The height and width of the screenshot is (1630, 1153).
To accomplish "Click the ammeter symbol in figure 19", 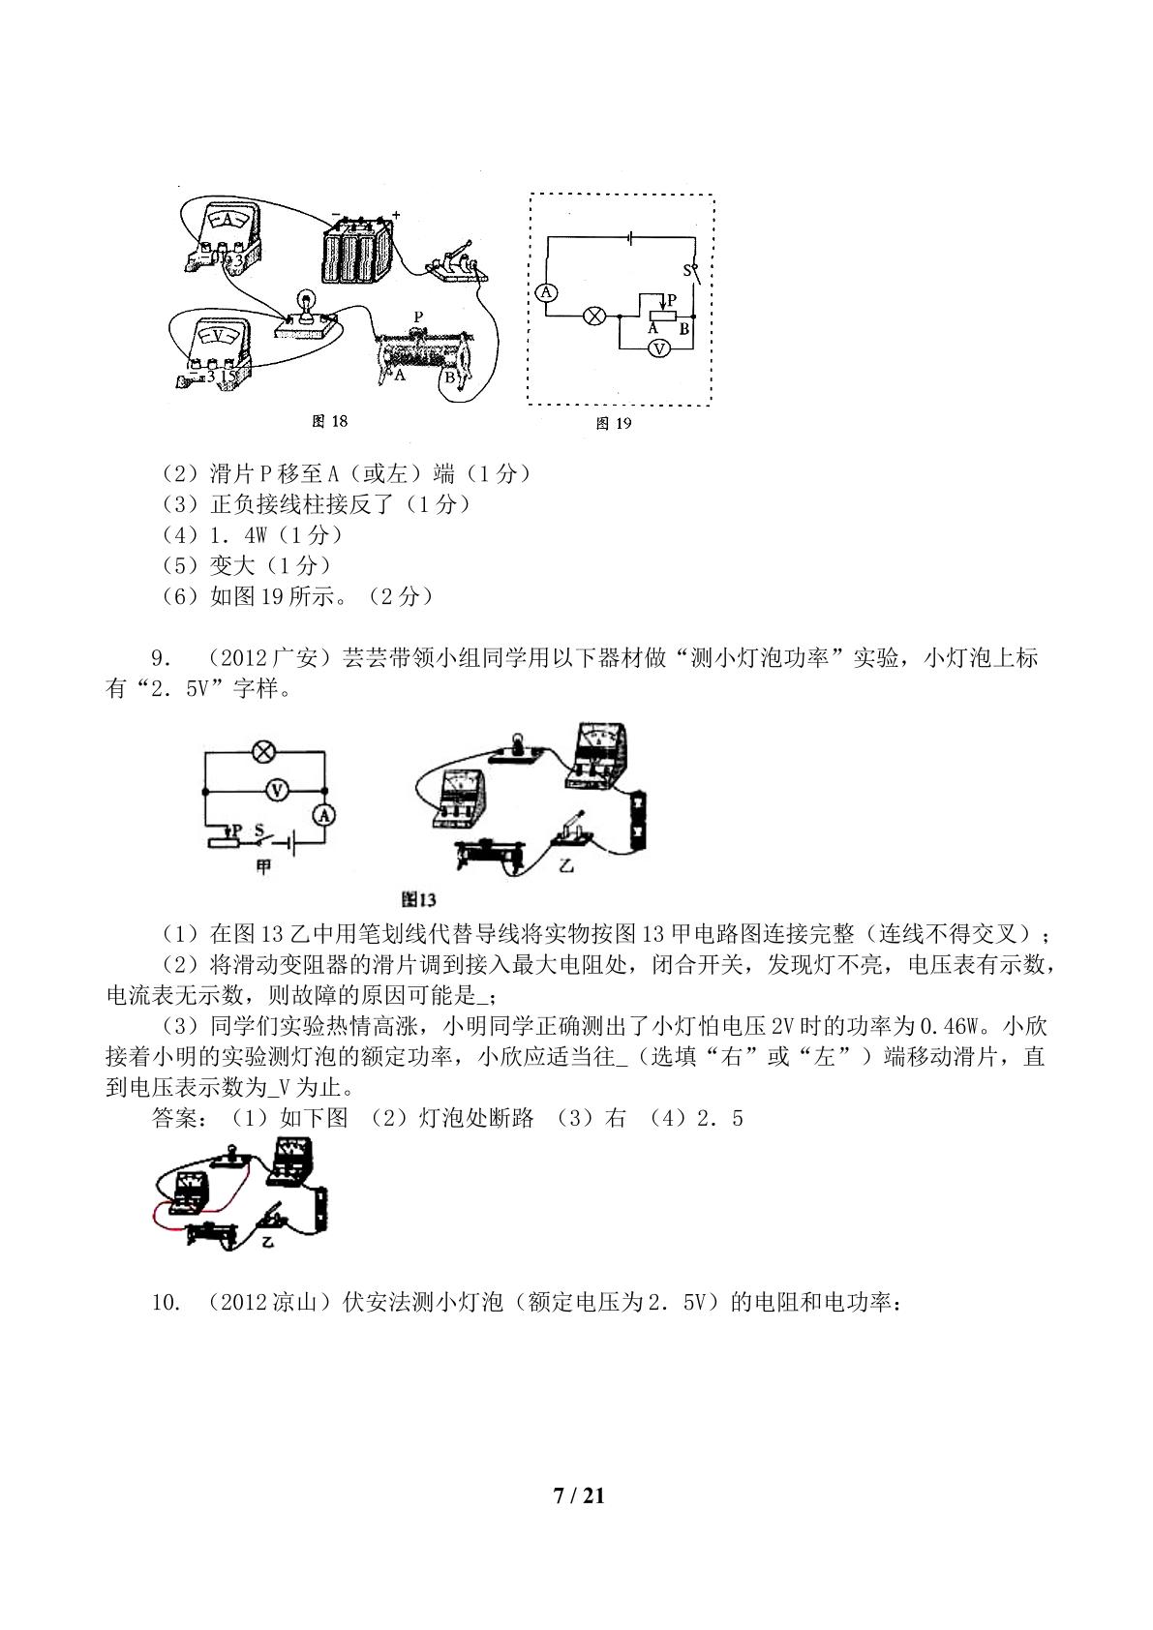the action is tap(546, 292).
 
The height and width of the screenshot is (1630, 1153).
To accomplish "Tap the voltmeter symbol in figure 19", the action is tap(659, 349).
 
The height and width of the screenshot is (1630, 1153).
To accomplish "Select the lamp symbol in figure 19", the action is tap(595, 316).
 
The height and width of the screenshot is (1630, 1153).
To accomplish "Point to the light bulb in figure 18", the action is tap(305, 303).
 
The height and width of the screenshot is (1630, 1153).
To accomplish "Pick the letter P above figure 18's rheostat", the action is tap(418, 317).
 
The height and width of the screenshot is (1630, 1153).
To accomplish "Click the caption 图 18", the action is tap(330, 421).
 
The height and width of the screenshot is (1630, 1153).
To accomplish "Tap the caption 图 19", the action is tap(614, 424).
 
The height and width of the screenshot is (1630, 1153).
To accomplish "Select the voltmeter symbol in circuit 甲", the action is tap(276, 790).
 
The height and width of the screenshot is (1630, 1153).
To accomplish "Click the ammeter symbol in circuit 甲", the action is tap(324, 815).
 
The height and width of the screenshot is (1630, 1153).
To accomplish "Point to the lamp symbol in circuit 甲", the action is tap(263, 752).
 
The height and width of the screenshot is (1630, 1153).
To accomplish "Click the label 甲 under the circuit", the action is tap(263, 866).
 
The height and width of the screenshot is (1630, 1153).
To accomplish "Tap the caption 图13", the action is tap(418, 899).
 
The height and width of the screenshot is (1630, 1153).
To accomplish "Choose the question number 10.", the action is tap(166, 1302).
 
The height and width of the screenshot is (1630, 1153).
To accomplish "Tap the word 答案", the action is tap(174, 1118).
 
